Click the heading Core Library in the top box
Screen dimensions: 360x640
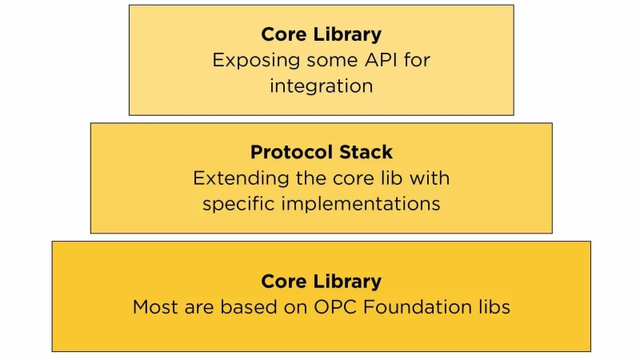pyautogui.click(x=321, y=34)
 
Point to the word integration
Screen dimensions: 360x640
pyautogui.click(x=321, y=86)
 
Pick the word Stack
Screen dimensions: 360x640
pyautogui.click(x=365, y=152)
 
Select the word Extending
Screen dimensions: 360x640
pyautogui.click(x=233, y=178)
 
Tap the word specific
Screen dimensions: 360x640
pyautogui.click(x=236, y=203)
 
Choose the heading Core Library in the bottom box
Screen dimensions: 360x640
pyautogui.click(x=321, y=282)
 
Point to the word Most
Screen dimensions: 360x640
pyautogui.click(x=154, y=306)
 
